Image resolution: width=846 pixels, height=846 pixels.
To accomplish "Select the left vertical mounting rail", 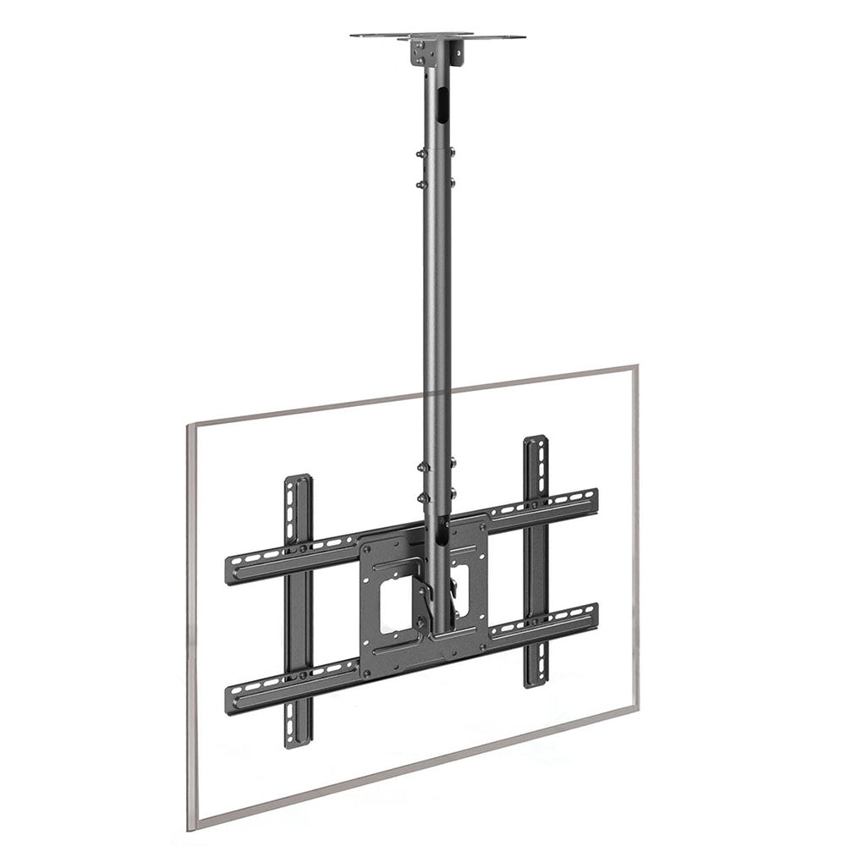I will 299,609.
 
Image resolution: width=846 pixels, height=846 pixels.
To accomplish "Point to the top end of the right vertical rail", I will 536,442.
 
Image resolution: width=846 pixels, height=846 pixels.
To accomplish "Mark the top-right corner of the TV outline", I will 635,368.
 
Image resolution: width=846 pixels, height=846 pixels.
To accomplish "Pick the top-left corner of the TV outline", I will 189,426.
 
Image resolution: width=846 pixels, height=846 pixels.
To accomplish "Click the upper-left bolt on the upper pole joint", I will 420,154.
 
